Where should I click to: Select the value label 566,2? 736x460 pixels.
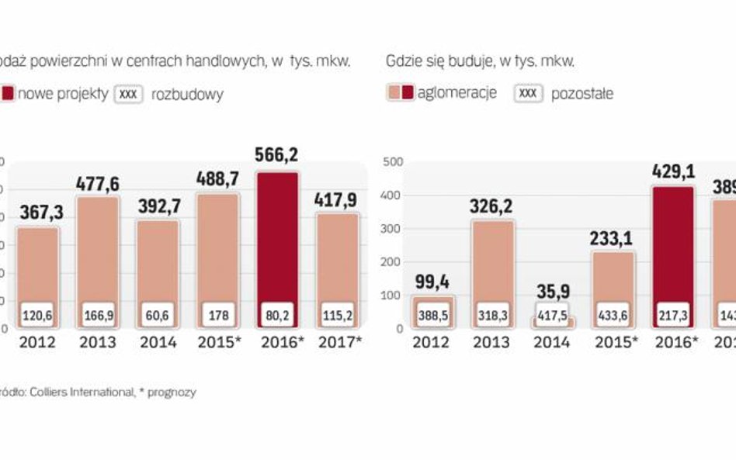276,154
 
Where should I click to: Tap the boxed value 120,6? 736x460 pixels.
38,316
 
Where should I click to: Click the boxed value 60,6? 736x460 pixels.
158,316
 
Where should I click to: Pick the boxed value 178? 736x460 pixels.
217,316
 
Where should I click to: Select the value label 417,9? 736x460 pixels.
337,200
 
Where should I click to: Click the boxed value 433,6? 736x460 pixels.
613,316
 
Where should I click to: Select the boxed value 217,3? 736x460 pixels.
673,316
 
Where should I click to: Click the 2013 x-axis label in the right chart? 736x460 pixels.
494,343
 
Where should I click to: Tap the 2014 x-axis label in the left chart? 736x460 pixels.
158,343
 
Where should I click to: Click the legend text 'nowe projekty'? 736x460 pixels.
62,95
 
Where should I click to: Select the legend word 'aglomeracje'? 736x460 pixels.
457,94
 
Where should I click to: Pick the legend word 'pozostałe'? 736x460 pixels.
582,94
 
